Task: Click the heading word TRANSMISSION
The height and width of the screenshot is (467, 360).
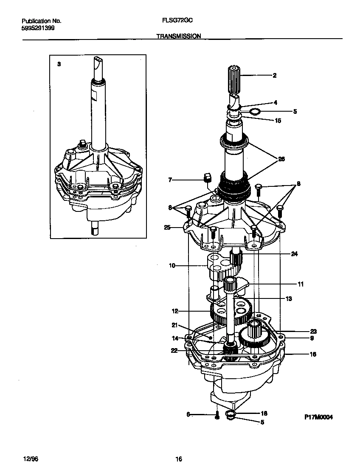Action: (178, 37)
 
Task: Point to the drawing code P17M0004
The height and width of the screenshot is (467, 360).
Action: (318, 417)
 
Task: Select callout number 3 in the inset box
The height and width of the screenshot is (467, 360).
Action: (59, 64)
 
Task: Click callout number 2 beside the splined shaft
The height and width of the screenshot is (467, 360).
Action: (274, 76)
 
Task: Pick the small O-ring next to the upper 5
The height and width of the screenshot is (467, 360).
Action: (254, 112)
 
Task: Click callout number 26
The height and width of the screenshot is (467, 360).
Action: (281, 159)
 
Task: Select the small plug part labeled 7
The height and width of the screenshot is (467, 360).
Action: (208, 177)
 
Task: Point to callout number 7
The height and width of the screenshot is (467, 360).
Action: (170, 180)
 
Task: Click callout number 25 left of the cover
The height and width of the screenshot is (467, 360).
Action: (167, 228)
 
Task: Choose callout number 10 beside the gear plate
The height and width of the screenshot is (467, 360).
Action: (172, 266)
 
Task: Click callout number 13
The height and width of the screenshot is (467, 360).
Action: (289, 299)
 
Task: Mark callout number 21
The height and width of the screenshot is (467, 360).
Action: (174, 325)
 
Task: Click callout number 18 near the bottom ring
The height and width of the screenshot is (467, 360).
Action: (263, 413)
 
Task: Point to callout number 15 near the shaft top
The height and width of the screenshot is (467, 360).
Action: (278, 121)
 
